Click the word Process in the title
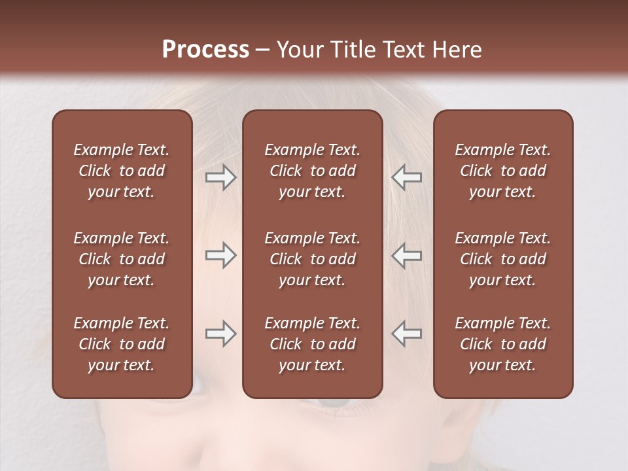pyautogui.click(x=205, y=50)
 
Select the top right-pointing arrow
pyautogui.click(x=220, y=177)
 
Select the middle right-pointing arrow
pyautogui.click(x=220, y=256)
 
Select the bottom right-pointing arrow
pyautogui.click(x=220, y=334)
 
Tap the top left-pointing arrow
pyautogui.click(x=406, y=177)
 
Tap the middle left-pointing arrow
pyautogui.click(x=406, y=256)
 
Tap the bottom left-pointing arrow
pyautogui.click(x=406, y=334)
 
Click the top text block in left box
pyautogui.click(x=122, y=171)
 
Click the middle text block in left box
pyautogui.click(x=122, y=259)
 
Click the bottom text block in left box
pyautogui.click(x=122, y=344)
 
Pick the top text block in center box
pyautogui.click(x=312, y=171)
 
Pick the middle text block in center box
pyautogui.click(x=312, y=259)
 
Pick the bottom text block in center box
pyautogui.click(x=312, y=344)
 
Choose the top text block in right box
pyautogui.click(x=502, y=171)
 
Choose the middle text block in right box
pyautogui.click(x=502, y=259)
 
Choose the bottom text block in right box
pyautogui.click(x=502, y=344)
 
